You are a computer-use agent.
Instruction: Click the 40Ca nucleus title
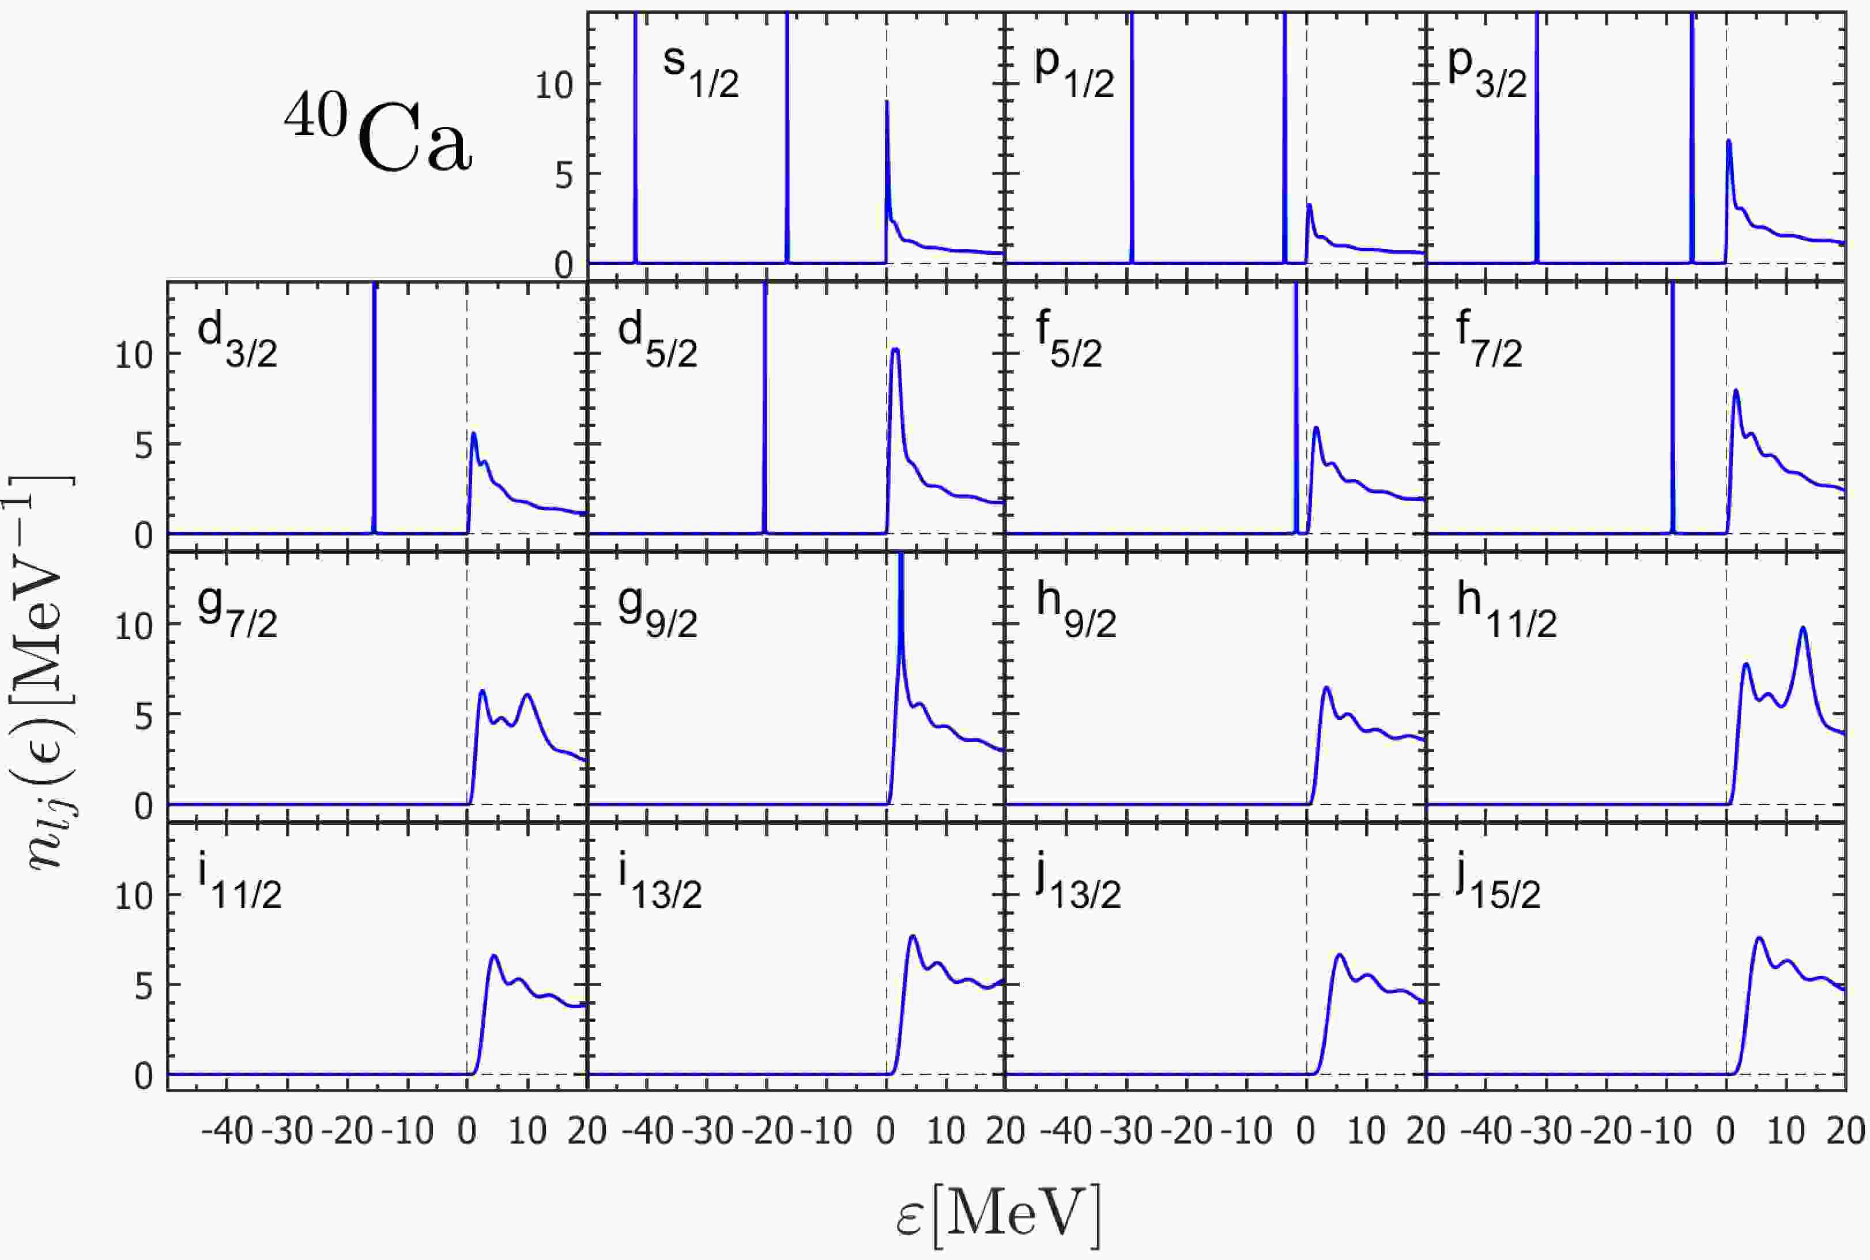(378, 137)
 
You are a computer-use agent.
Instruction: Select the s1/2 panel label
(700, 72)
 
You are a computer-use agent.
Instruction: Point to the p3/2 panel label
(1487, 72)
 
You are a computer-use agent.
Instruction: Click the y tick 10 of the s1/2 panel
(555, 85)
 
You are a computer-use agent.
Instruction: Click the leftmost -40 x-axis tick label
(226, 1131)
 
